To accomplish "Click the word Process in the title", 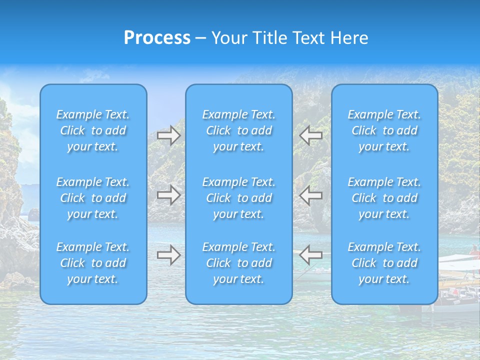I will [x=157, y=38].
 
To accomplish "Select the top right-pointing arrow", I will [x=168, y=135].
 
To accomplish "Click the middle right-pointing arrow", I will [x=168, y=195].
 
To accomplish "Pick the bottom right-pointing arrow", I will [x=168, y=255].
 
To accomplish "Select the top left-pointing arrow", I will [x=311, y=135].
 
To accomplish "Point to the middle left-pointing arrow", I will [x=311, y=195].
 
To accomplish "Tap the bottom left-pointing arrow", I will [x=311, y=255].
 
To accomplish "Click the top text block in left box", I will [x=93, y=130].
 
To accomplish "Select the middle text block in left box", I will [x=93, y=198].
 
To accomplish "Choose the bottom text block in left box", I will [x=93, y=263].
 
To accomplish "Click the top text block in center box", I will [x=239, y=130].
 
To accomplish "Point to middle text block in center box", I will [x=239, y=198].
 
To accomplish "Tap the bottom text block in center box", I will [x=239, y=263].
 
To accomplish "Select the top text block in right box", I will [x=384, y=130].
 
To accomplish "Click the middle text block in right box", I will [x=384, y=198].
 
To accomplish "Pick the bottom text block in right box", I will [x=384, y=263].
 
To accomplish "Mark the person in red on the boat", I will [x=474, y=250].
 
